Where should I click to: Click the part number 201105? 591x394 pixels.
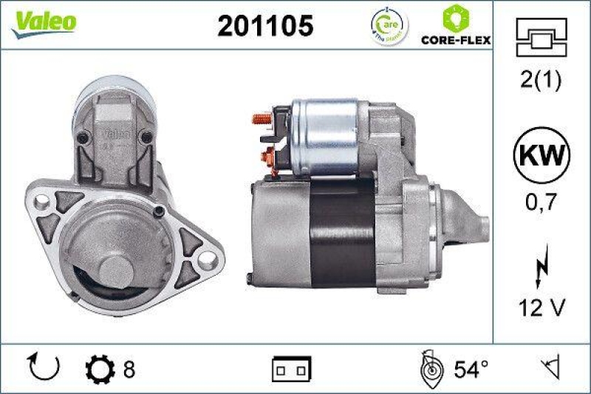(x=265, y=26)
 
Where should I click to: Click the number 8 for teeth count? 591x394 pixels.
(x=129, y=367)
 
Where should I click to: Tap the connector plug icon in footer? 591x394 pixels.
(x=292, y=367)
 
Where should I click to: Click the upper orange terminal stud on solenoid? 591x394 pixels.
(x=260, y=117)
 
